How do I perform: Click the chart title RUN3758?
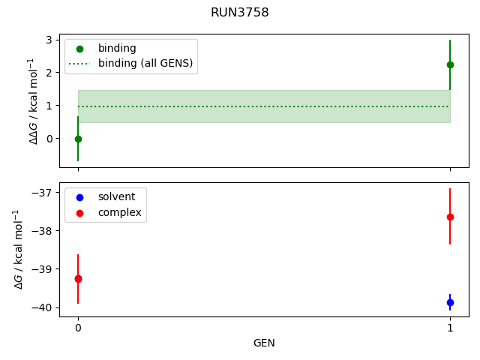coord(240,13)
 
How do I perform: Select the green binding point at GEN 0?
coord(78,139)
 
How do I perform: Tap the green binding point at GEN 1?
coord(450,65)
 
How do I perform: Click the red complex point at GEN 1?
coord(450,217)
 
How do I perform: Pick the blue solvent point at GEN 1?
coord(450,302)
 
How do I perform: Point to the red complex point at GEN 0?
coord(78,279)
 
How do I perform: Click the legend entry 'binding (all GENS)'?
coord(145,63)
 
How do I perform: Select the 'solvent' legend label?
coord(116,196)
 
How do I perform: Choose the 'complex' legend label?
coord(120,212)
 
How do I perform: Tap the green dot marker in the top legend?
coord(80,49)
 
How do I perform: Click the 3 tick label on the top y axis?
coord(49,40)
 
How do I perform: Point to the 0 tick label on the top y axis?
coord(49,139)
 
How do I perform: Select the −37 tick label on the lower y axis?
coord(42,192)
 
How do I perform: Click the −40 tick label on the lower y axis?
coord(42,307)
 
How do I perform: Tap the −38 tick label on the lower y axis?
coord(42,231)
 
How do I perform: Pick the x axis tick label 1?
coord(450,328)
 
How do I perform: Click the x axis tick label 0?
coord(78,328)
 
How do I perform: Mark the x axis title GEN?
coord(264,343)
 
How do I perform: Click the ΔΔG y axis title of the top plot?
coord(33,101)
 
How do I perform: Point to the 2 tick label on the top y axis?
coord(49,73)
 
